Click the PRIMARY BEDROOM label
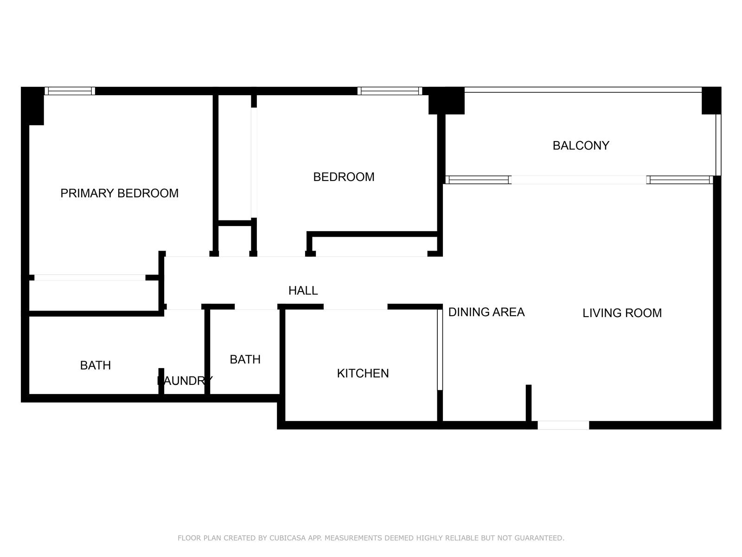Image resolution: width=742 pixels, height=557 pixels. pos(119,193)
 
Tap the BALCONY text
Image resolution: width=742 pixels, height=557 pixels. pos(581,145)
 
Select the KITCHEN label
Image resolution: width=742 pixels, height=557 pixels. pos(363,373)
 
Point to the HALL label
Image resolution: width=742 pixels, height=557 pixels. pos(303,291)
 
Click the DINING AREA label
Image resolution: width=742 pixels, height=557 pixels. pos(486,312)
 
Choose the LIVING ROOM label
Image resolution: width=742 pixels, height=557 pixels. pos(622,313)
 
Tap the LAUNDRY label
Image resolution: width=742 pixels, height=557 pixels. pos(185,381)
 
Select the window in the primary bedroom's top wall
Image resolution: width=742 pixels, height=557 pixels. pos(70,91)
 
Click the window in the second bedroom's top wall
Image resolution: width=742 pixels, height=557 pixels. pos(390,91)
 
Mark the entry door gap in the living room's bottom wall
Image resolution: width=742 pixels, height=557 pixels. pos(563,425)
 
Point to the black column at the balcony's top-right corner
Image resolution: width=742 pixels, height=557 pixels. pos(711,101)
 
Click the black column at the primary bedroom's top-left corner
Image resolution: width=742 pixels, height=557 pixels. pos(33,106)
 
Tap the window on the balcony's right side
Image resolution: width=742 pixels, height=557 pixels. pos(718,145)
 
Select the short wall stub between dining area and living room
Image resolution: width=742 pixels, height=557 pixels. pos(529,403)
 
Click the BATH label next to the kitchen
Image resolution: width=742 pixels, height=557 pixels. pos(245,359)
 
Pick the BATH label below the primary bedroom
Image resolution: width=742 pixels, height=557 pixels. pos(96,366)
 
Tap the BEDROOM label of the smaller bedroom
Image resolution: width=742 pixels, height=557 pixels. pos(344,177)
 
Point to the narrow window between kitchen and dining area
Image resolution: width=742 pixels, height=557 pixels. pos(440,350)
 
